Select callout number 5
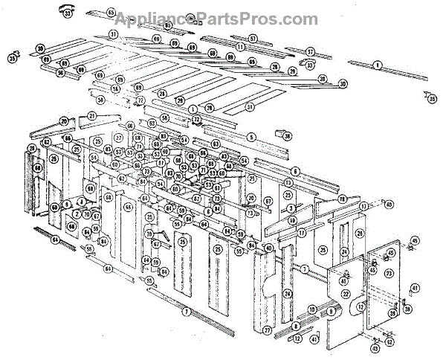click(252, 137)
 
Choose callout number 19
click(292, 220)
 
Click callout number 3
click(292, 208)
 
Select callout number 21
click(92, 116)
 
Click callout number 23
click(388, 274)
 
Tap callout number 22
click(345, 294)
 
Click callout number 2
click(77, 214)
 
